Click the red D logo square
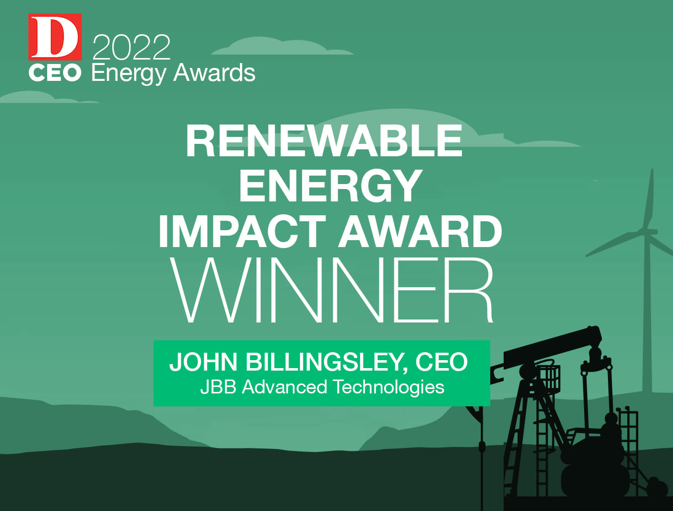pos(55,37)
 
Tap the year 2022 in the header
pos(131,47)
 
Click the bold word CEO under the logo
pos(55,73)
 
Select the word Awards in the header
pos(214,73)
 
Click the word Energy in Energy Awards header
pos(129,74)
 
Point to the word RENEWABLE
pos(324,141)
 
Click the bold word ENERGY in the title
pos(330,186)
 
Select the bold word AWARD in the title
pos(420,231)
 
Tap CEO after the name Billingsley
pos(442,362)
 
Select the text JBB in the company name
pos(219,387)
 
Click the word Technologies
pos(388,387)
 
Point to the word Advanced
pos(285,387)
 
